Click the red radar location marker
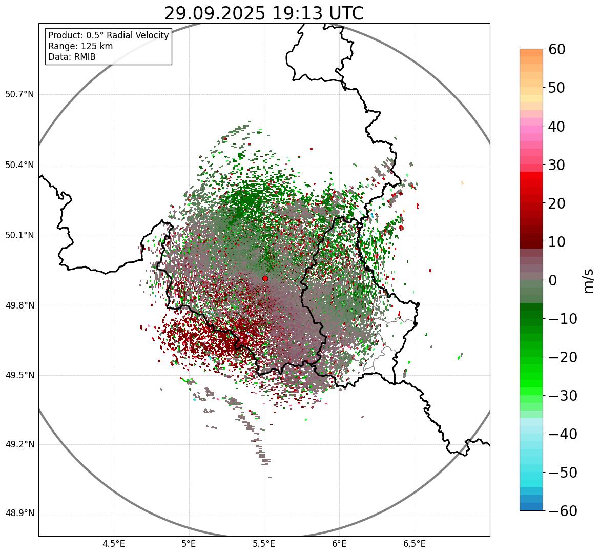click(265, 278)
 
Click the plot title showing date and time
click(263, 13)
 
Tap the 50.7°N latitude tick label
click(19, 95)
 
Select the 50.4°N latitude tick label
click(19, 166)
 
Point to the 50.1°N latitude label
click(19, 236)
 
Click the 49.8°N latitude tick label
click(19, 306)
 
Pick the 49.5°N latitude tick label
click(19, 375)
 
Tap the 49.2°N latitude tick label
click(19, 444)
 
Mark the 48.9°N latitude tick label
click(19, 514)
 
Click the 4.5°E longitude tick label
click(114, 544)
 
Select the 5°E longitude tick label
click(189, 544)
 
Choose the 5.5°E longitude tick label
click(264, 544)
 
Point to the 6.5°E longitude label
click(414, 544)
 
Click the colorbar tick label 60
click(557, 49)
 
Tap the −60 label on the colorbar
click(563, 511)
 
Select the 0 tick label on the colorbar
click(553, 280)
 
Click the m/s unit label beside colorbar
click(589, 280)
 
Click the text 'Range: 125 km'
click(80, 46)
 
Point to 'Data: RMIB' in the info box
click(72, 57)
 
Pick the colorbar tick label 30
click(557, 165)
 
